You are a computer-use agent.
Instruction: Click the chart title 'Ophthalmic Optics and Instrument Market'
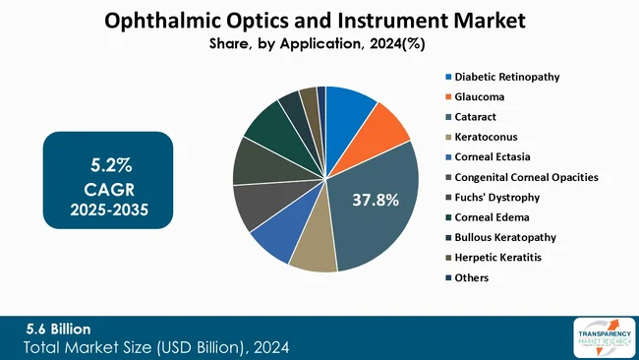(319, 20)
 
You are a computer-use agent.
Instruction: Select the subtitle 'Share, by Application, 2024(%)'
(319, 44)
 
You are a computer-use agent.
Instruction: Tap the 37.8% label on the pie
(375, 200)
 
